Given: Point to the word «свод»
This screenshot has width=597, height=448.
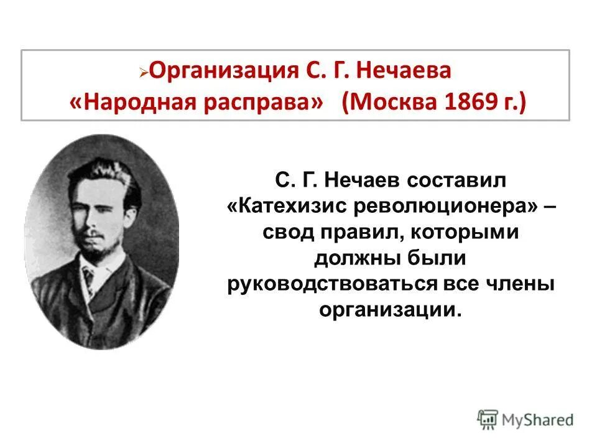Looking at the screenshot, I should click(287, 232).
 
